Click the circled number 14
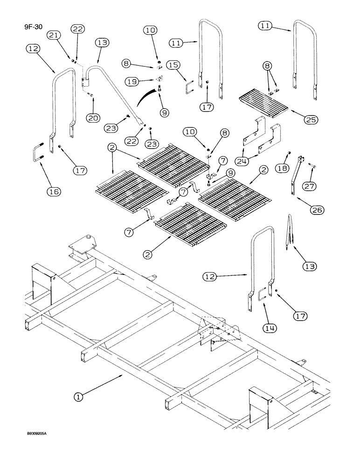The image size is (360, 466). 269,328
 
